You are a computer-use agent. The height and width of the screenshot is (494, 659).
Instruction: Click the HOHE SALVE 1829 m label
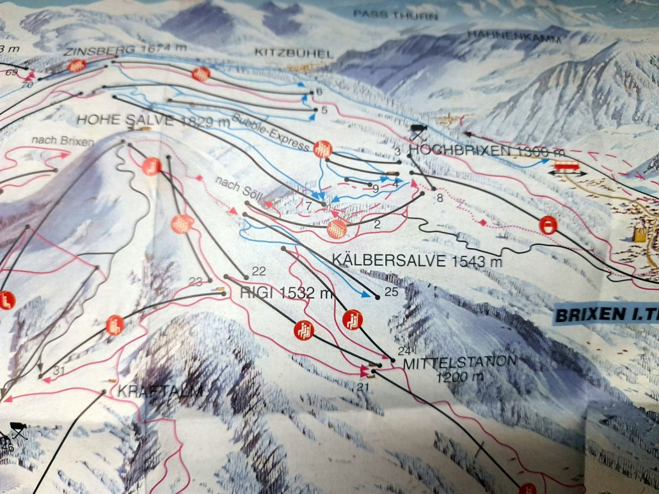153,120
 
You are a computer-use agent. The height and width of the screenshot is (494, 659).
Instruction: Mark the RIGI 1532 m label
287,293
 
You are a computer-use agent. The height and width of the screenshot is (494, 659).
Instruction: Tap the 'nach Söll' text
239,189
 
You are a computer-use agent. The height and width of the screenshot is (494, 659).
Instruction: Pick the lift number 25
391,291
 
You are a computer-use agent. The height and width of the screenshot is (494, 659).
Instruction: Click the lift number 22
258,271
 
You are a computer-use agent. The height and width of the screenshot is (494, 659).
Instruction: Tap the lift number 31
60,371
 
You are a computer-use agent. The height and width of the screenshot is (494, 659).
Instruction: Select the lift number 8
439,198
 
